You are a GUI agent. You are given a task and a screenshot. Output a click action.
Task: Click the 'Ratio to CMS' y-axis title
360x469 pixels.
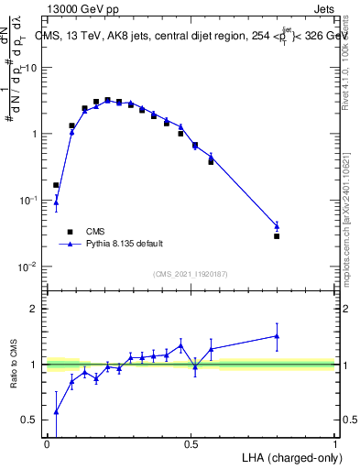(14, 365)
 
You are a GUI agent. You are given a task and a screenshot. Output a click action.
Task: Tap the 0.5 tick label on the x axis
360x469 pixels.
(191, 444)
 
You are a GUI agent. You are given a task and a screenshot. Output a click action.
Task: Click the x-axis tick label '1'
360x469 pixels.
(334, 444)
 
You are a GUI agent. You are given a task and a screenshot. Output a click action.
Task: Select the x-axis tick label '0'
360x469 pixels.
(47, 444)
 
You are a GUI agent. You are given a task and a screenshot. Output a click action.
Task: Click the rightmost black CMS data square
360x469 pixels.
(277, 236)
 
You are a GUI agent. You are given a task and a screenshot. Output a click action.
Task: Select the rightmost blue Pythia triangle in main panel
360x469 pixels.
(277, 225)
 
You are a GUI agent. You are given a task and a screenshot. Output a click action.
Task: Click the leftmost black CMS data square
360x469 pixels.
(56, 185)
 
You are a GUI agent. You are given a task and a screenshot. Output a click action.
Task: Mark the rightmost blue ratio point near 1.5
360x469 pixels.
(277, 336)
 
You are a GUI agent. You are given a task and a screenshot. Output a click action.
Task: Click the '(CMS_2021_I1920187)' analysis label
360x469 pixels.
(189, 273)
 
